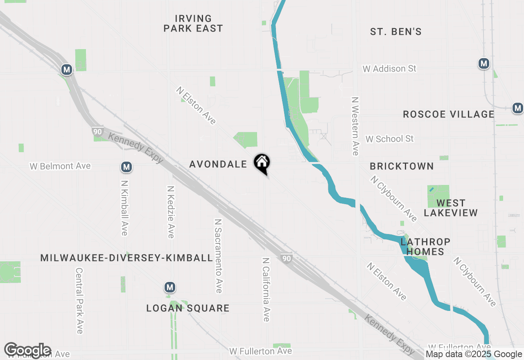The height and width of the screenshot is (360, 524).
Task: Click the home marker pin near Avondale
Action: (x=262, y=163)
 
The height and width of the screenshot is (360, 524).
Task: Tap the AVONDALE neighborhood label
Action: (x=218, y=164)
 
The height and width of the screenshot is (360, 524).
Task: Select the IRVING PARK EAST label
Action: (x=193, y=23)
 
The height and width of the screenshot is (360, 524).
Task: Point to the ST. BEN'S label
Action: (x=395, y=32)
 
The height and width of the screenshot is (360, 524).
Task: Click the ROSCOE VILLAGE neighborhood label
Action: (x=449, y=114)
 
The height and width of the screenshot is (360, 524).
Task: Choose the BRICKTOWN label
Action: (x=402, y=166)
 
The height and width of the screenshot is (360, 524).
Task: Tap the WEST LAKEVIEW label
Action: (x=451, y=208)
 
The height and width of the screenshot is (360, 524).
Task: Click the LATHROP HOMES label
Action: (x=425, y=247)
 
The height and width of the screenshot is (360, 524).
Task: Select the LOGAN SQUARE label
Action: (x=188, y=308)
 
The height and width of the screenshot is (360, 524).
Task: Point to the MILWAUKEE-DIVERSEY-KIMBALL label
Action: (x=126, y=258)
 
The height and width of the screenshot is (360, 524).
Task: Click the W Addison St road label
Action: (x=389, y=69)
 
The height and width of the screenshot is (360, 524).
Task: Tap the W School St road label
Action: (x=389, y=139)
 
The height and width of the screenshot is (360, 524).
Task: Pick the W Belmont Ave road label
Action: (x=60, y=166)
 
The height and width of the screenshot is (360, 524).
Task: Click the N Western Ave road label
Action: (x=355, y=126)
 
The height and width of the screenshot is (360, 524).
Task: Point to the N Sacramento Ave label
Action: (x=219, y=256)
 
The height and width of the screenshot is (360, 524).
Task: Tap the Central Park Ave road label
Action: (x=79, y=300)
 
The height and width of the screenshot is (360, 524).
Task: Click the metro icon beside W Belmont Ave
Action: (x=126, y=167)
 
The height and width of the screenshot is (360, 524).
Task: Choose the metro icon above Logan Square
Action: (x=170, y=288)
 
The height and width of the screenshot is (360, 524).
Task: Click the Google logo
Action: (x=27, y=350)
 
